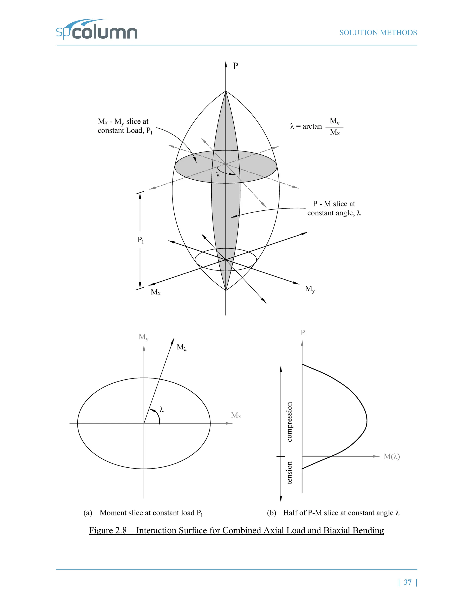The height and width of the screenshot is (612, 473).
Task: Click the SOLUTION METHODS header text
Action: pos(378,33)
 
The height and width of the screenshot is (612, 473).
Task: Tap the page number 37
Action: pos(407,582)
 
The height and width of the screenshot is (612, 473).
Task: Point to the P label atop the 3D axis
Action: pos(235,66)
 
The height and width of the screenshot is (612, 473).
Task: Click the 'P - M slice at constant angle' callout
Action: pos(334,208)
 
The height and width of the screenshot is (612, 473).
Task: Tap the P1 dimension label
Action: pos(141,240)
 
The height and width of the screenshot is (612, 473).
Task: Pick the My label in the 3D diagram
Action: pos(310,289)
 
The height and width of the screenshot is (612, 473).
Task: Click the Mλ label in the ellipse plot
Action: pos(181,348)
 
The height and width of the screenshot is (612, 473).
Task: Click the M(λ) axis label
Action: pos(392,457)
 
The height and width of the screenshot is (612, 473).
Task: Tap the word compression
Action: pos(289,422)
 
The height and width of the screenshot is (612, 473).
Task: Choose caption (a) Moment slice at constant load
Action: pos(143,513)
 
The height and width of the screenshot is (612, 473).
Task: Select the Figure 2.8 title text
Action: pos(236,530)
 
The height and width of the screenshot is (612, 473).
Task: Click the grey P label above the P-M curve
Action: pos(303,333)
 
